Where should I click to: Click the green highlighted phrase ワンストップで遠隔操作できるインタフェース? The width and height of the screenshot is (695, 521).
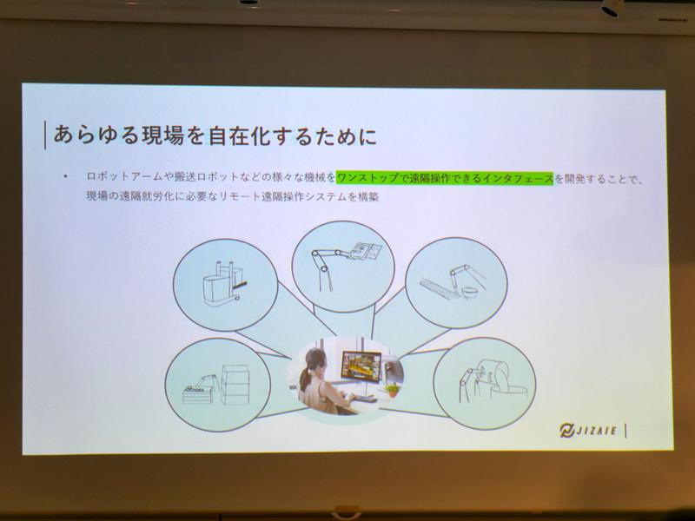click(444, 176)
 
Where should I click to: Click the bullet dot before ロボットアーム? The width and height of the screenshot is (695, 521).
click(65, 177)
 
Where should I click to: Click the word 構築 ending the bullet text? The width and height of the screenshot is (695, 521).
click(368, 198)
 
